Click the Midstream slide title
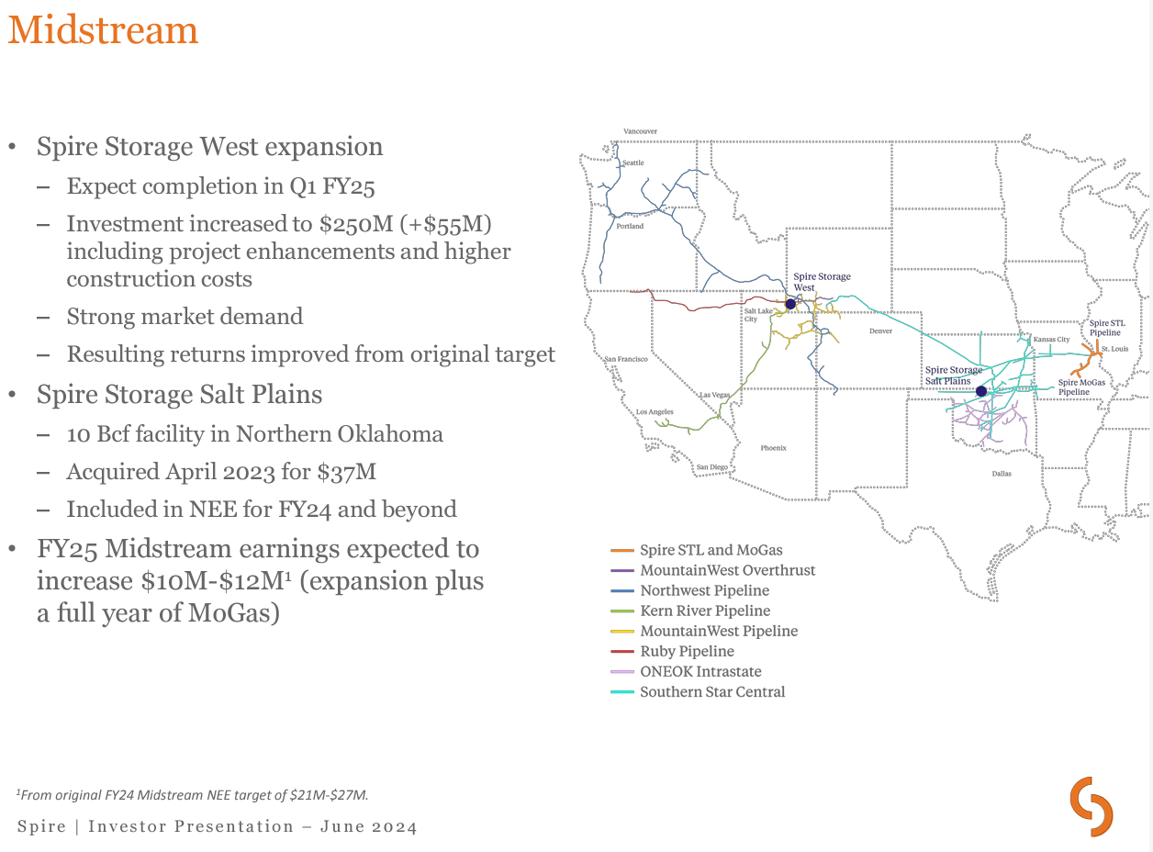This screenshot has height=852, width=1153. pyautogui.click(x=103, y=30)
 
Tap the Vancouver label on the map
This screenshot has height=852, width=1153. pyautogui.click(x=640, y=131)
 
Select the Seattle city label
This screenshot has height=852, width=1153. pyautogui.click(x=633, y=163)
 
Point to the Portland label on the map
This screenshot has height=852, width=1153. pyautogui.click(x=630, y=226)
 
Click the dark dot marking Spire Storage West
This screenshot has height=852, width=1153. pyautogui.click(x=789, y=304)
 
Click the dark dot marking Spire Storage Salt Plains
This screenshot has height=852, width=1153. pyautogui.click(x=980, y=391)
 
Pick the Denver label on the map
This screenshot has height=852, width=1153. pyautogui.click(x=879, y=331)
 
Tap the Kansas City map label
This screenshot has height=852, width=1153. pyautogui.click(x=1051, y=340)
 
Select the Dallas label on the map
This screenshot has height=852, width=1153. pyautogui.click(x=1001, y=474)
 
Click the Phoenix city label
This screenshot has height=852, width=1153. pyautogui.click(x=773, y=448)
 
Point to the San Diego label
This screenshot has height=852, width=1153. pyautogui.click(x=711, y=467)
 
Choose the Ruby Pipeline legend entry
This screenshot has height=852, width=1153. pyautogui.click(x=687, y=651)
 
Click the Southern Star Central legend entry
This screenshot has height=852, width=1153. pyautogui.click(x=712, y=691)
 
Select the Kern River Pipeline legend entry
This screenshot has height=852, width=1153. pyautogui.click(x=705, y=611)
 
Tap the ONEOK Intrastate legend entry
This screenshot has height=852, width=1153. pyautogui.click(x=700, y=671)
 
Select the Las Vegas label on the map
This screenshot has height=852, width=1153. pyautogui.click(x=715, y=395)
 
